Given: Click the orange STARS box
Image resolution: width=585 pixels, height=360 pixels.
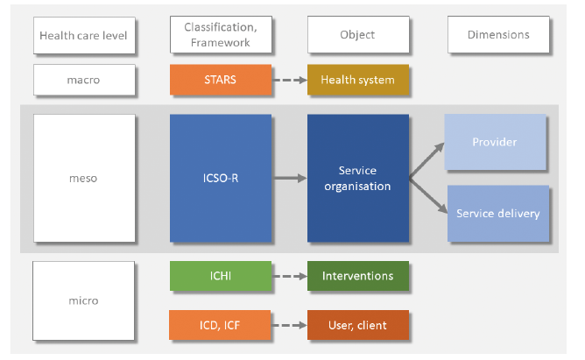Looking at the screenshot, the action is tap(221, 80).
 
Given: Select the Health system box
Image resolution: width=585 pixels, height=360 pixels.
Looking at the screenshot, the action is tap(358, 80).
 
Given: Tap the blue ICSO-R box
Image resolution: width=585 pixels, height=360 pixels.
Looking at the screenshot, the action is tap(221, 179).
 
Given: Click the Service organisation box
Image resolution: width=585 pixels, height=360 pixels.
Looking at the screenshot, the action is tap(358, 179).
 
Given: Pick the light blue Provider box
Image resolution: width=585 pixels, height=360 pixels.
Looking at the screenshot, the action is tap(495, 142).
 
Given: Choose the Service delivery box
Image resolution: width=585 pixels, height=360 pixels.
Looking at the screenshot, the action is tap(498, 214).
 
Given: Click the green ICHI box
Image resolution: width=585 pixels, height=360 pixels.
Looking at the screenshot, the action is tap(221, 276).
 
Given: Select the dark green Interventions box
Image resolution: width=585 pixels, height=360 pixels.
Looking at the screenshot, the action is tap(358, 276).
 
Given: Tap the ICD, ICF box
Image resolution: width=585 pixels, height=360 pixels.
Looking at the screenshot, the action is tap(220, 325).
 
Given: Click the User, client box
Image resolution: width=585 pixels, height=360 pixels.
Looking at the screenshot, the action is tap(358, 325).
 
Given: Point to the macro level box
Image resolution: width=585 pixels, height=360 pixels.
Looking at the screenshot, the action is tap(84, 80).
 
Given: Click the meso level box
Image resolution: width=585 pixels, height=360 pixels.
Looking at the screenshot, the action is tap(84, 179).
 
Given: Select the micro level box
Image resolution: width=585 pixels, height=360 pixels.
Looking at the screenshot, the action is tap(83, 300).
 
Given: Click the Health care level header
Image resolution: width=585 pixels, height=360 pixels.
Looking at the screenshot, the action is tap(84, 35).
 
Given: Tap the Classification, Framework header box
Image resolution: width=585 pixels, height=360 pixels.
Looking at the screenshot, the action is tap(221, 35).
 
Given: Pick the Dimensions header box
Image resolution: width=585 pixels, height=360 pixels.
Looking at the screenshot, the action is tap(498, 35).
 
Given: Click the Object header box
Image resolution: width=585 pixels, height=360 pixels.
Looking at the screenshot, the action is tap(358, 35).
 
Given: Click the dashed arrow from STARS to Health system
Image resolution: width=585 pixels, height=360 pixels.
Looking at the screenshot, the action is tap(290, 80).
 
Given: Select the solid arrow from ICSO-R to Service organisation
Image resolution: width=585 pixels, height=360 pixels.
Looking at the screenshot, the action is tap(290, 179).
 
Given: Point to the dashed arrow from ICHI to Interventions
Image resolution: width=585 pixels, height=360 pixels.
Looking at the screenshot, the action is tap(290, 277).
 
